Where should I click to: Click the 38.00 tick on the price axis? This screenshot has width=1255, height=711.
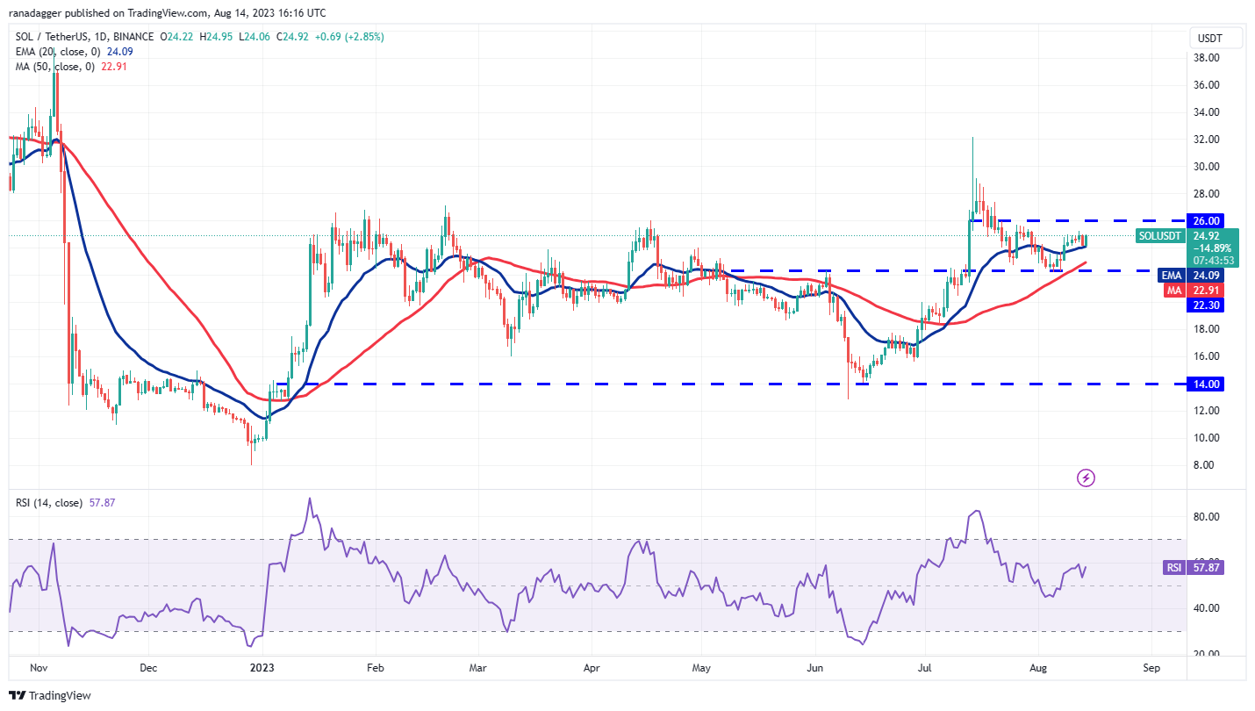pos(1204,58)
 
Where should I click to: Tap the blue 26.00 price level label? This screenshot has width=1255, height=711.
pos(1204,220)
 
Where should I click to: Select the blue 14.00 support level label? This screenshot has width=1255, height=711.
pos(1204,384)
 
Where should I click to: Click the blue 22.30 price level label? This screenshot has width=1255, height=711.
pos(1204,305)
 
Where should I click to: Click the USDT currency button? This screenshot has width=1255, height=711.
pos(1217,38)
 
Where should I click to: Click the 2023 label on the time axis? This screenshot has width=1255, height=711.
pos(262,668)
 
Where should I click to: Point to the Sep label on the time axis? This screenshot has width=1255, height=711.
pos(1151,668)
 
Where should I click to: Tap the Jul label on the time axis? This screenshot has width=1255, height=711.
pos(924,668)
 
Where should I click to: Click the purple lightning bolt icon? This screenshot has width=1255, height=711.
pos(1086,478)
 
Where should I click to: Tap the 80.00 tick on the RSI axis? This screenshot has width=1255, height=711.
pos(1204,517)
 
